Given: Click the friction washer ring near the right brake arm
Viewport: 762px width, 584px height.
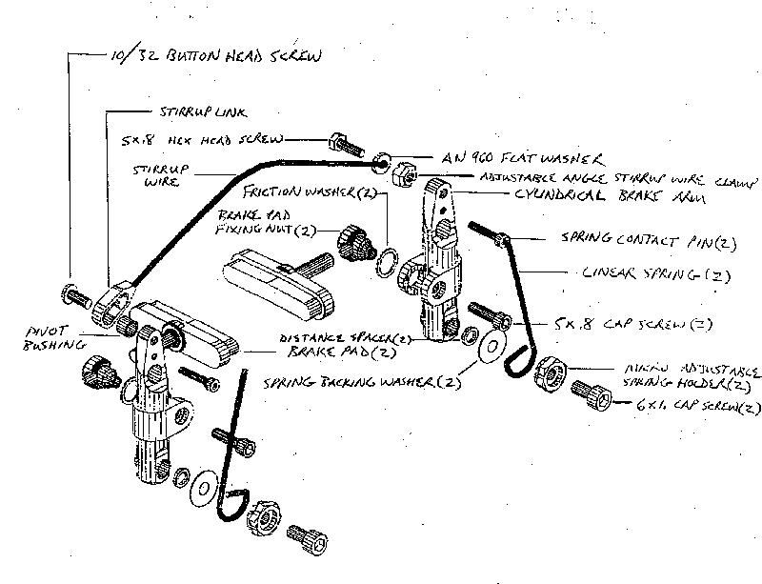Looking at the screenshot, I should (387, 258).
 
